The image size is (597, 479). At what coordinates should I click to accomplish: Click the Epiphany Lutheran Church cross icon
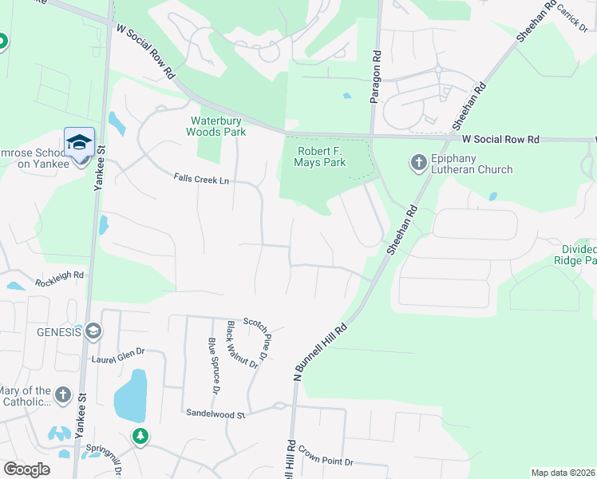(418, 163)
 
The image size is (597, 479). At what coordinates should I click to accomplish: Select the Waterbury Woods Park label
(216, 126)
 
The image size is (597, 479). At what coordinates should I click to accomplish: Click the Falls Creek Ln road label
(201, 180)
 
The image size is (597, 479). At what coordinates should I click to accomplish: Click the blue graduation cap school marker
(79, 143)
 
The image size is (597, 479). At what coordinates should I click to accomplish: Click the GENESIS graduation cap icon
(93, 331)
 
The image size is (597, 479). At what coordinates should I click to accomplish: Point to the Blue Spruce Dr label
(213, 366)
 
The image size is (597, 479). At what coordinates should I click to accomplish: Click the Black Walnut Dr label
(243, 344)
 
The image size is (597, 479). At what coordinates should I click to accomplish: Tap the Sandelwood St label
(215, 414)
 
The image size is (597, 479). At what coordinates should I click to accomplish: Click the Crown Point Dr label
(326, 462)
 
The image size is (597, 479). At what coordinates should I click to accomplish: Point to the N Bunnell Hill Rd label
(321, 350)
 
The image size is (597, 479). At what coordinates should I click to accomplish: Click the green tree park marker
(140, 436)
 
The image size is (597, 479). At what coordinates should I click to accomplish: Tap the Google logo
(26, 469)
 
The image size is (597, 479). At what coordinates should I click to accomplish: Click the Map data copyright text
(563, 473)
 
